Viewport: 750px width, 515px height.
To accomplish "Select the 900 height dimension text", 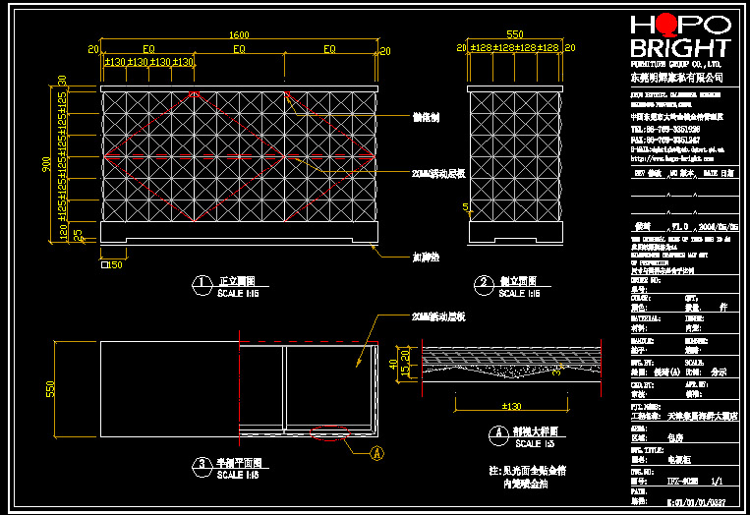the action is (x=46, y=164).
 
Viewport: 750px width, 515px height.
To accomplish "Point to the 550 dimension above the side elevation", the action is (x=514, y=32).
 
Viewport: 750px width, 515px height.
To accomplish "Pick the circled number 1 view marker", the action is (x=202, y=284).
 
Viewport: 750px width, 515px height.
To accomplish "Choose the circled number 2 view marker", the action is (x=484, y=284).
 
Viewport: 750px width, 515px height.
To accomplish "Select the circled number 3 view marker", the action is (x=202, y=464).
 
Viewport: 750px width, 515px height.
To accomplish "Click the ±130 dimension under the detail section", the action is (x=511, y=405).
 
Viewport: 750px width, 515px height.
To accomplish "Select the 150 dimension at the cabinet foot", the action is (x=115, y=264).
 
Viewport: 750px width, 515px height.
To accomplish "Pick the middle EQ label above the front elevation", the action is (x=239, y=48).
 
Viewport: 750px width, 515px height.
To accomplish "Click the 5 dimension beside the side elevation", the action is (x=463, y=206).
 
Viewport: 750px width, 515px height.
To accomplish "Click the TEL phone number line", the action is (x=665, y=129).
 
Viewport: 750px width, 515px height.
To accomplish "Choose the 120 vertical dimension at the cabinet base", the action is (x=61, y=233).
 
